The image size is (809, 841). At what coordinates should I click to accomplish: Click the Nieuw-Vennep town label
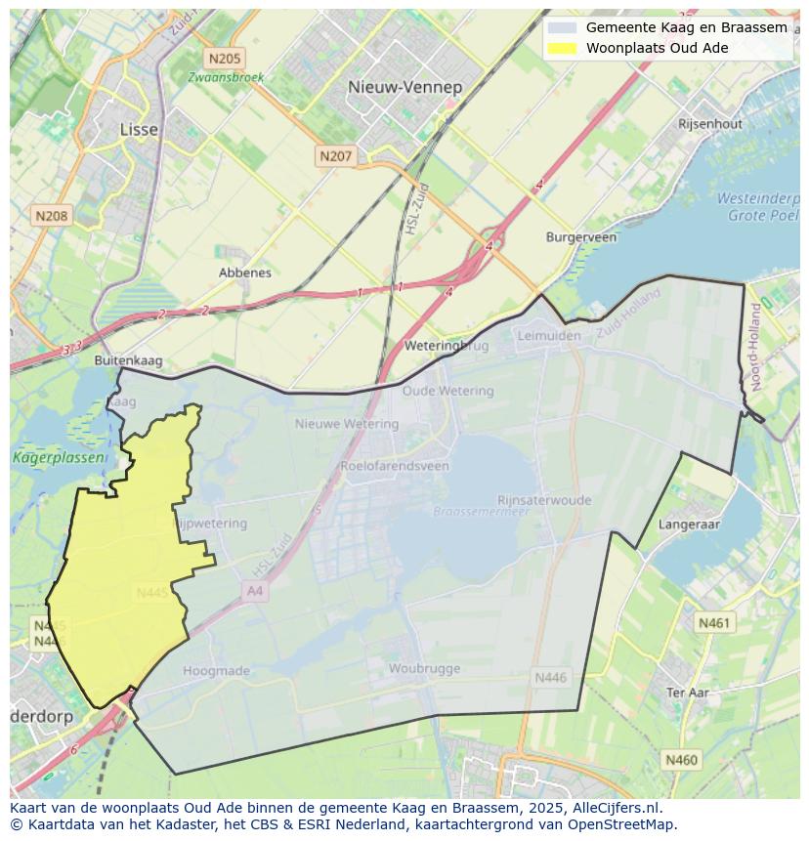[404, 87]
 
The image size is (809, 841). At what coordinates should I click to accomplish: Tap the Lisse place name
[138, 129]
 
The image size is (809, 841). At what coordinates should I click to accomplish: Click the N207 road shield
[335, 155]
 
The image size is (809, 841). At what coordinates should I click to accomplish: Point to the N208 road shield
[51, 215]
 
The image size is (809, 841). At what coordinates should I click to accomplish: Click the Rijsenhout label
[710, 124]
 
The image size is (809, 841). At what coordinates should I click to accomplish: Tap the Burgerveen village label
[580, 237]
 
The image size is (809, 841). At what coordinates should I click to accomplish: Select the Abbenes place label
[245, 273]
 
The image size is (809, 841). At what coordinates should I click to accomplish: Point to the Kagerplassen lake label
[45, 457]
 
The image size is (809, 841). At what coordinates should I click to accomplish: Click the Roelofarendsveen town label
[395, 466]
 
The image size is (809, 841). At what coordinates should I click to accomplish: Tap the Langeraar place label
[689, 525]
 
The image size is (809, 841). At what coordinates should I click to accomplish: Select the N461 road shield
[713, 622]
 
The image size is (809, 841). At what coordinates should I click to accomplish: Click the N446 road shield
[551, 677]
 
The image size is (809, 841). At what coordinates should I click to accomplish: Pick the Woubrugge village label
[424, 669]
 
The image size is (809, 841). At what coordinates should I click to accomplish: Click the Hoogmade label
[217, 671]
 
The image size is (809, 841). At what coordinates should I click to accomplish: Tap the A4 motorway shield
[255, 591]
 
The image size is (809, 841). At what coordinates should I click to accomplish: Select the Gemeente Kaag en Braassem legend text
[686, 27]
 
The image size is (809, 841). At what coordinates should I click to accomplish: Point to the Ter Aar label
[687, 692]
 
